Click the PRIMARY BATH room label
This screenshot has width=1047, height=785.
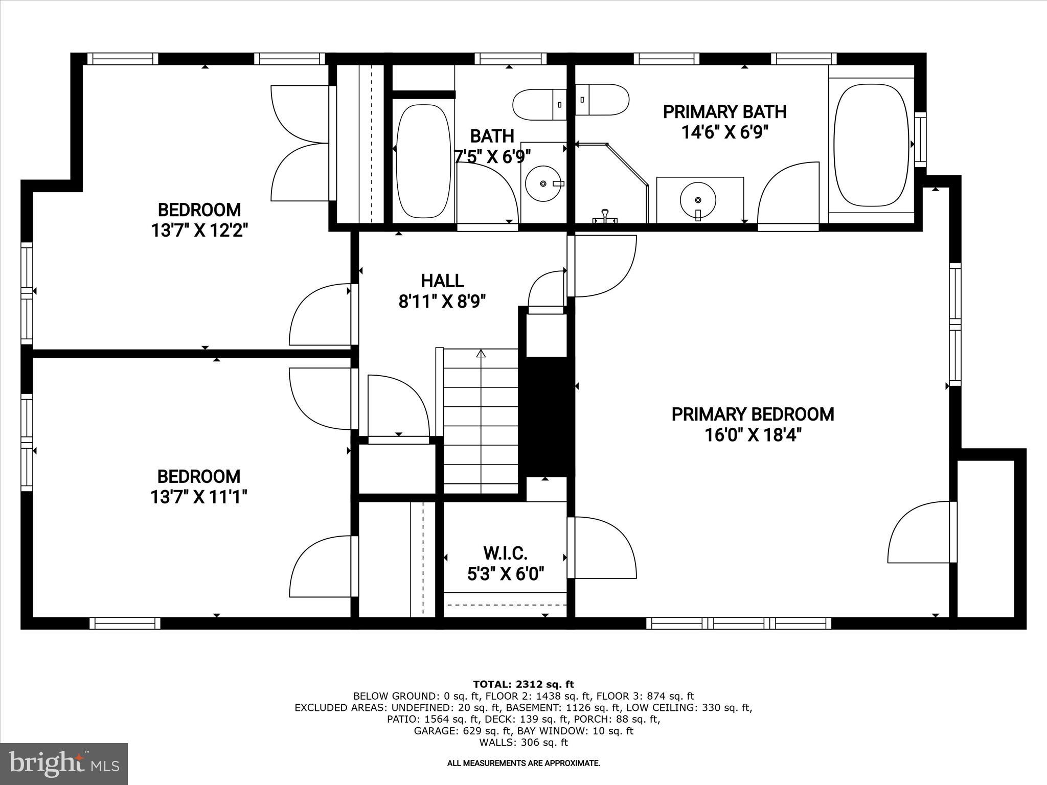pyautogui.click(x=724, y=111)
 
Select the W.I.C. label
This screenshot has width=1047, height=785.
pyautogui.click(x=505, y=553)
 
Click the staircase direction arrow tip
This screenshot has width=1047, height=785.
pyautogui.click(x=481, y=350)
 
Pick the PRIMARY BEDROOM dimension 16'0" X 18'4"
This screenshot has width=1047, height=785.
pyautogui.click(x=753, y=435)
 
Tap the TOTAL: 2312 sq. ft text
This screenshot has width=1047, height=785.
pyautogui.click(x=523, y=684)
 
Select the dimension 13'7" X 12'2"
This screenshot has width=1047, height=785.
pyautogui.click(x=199, y=230)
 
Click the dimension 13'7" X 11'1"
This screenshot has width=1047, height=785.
pyautogui.click(x=199, y=497)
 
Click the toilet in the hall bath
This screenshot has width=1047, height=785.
pyautogui.click(x=540, y=104)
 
